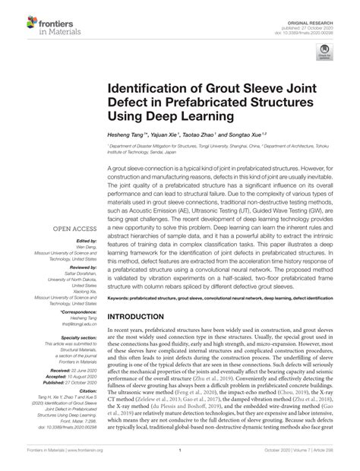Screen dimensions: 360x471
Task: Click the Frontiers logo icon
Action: (16, 18)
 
